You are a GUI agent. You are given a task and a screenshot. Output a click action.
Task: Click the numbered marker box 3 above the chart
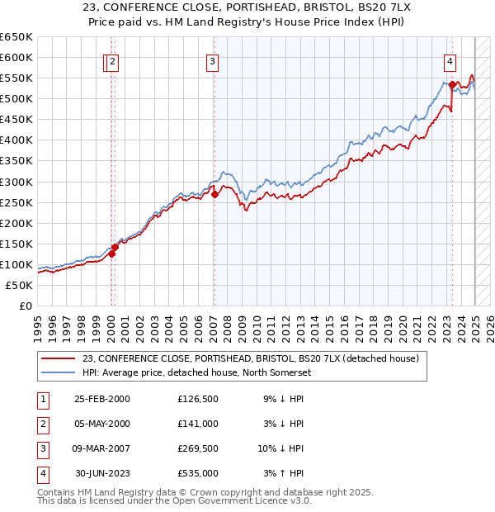click(x=212, y=60)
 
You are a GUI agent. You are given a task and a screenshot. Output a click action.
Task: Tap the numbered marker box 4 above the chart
click(x=450, y=60)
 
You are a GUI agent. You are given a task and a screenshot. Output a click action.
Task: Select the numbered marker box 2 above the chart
click(x=111, y=60)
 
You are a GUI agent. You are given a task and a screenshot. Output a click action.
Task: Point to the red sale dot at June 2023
click(x=453, y=84)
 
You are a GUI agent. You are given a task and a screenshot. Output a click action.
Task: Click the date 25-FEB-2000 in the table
click(x=101, y=399)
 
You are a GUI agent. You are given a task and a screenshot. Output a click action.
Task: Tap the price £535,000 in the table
click(x=198, y=473)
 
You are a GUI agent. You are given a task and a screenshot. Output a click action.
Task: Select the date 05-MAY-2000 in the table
click(x=101, y=424)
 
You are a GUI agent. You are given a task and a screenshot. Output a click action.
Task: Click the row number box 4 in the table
click(x=41, y=473)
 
